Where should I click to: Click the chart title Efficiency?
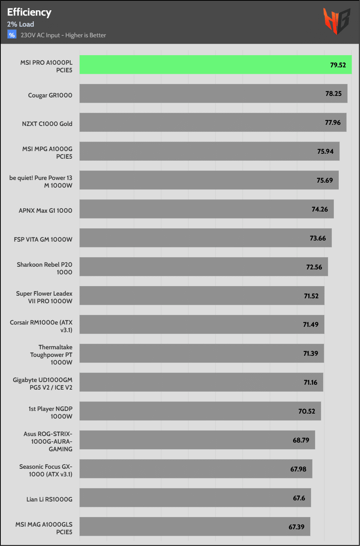point(29,12)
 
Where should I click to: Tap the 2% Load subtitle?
point(21,24)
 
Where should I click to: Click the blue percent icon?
point(12,35)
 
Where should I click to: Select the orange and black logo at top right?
point(336,21)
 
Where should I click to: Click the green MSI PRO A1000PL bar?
point(215,65)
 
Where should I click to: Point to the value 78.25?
point(333,94)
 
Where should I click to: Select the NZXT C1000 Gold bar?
point(213,123)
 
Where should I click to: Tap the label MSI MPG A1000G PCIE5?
point(47,153)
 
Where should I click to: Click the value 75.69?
point(325,180)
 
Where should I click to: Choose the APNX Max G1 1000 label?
point(45,210)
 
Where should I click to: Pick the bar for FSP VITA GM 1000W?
point(205,238)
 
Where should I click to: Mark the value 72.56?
point(314,267)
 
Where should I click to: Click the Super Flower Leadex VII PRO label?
point(44,297)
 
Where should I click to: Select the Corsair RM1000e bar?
point(201,325)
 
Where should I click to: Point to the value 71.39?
point(311,353)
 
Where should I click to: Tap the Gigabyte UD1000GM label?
point(43,384)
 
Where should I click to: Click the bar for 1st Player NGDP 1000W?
point(200,411)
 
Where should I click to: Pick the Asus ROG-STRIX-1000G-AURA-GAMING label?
point(48,441)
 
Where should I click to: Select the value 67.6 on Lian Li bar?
point(299,498)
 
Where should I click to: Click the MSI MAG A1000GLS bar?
point(195,527)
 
